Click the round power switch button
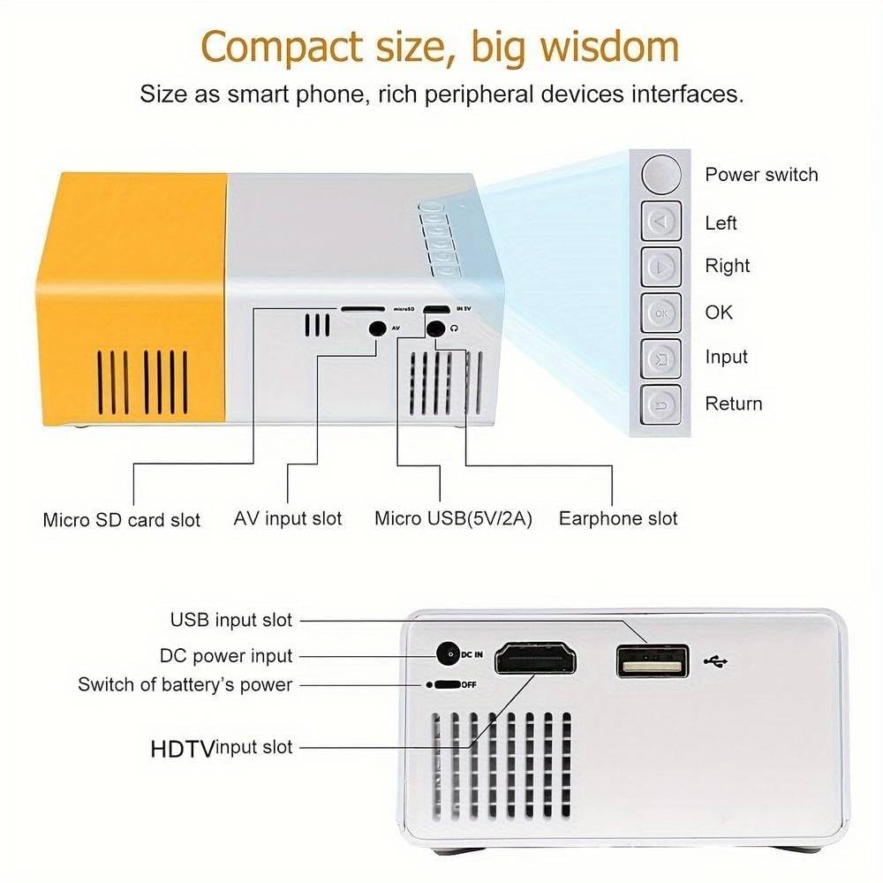point(661,175)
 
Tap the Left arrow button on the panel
point(661,221)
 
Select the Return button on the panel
point(661,404)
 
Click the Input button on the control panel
point(661,358)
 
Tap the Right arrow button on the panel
point(661,267)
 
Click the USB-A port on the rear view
point(653,661)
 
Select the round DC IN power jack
point(448,654)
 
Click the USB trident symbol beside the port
point(716,661)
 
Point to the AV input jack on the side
point(377,328)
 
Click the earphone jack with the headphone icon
point(435,328)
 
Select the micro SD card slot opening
point(363,309)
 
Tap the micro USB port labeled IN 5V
point(437,309)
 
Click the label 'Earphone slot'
point(618,518)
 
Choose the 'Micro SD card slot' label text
point(122,520)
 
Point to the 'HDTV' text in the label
point(183,750)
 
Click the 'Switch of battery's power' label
point(185,685)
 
